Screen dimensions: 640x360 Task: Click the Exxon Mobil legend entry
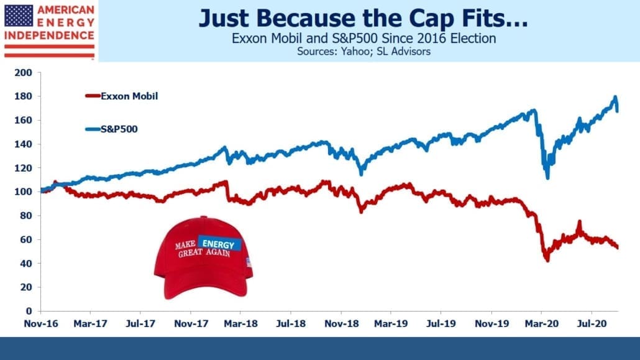coord(122,96)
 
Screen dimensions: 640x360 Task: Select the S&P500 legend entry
coord(111,129)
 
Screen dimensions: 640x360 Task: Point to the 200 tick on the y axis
coord(23,73)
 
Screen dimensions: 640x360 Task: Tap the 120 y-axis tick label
coord(23,168)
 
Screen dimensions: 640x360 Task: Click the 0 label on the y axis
coord(29,311)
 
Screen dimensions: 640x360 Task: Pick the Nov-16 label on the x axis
coord(41,324)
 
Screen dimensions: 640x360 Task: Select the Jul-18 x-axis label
coord(291,324)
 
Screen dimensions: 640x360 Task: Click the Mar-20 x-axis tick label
coord(542,324)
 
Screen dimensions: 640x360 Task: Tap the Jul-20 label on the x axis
coord(592,324)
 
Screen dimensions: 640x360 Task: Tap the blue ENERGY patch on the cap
coord(219,244)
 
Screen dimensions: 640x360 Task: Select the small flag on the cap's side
coord(249,262)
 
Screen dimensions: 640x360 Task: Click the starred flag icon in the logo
coord(19,16)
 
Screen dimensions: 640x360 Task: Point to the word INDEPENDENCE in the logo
coord(49,35)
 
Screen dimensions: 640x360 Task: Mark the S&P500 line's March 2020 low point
coord(547,178)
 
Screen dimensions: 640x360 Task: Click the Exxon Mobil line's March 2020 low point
coord(547,261)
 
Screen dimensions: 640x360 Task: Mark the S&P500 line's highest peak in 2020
coord(615,97)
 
